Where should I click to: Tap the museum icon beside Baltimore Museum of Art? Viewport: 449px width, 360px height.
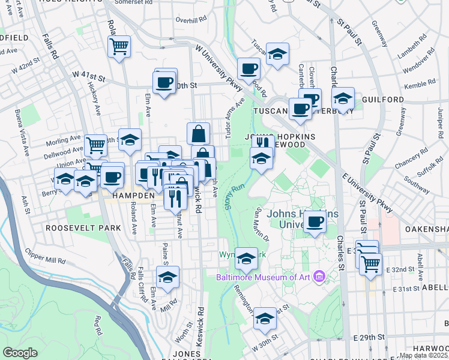(x=319, y=277)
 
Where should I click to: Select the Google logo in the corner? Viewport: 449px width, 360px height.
(x=20, y=353)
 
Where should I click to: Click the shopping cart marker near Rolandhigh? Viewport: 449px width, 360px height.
(x=119, y=46)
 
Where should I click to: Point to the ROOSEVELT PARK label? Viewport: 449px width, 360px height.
(x=83, y=228)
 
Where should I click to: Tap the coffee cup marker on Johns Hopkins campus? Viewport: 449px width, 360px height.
(x=314, y=223)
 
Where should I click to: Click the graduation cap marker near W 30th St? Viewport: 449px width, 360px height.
(x=264, y=320)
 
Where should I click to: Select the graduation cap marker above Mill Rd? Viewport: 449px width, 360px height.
(x=167, y=278)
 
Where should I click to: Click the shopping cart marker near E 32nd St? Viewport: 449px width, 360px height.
(x=370, y=263)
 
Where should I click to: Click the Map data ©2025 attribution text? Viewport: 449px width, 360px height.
(x=424, y=355)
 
